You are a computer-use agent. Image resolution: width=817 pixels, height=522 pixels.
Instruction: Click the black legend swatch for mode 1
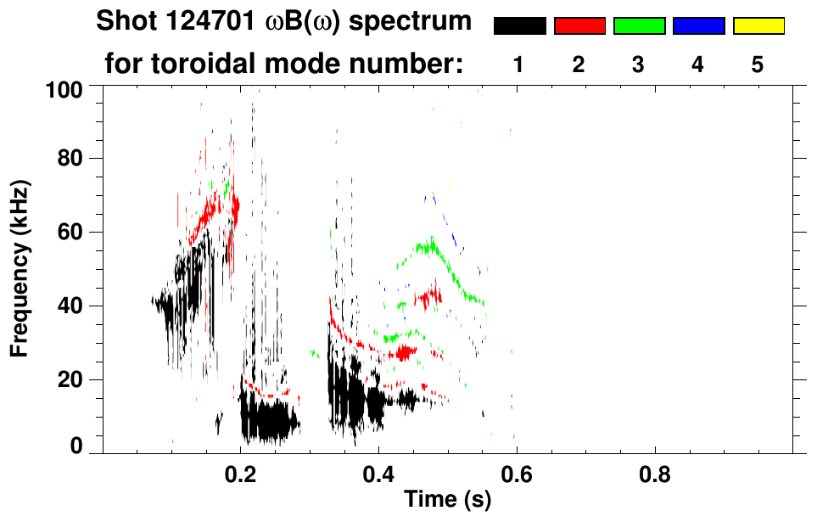[519, 26]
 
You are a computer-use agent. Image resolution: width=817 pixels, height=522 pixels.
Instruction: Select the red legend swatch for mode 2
[579, 26]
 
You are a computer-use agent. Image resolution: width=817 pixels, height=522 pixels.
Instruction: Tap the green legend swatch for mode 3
[639, 26]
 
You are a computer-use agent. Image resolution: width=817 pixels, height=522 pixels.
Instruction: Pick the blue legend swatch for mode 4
[698, 26]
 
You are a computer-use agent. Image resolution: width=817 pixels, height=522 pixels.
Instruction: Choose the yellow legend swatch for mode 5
[758, 26]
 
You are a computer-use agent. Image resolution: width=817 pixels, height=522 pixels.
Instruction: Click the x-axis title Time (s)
[446, 500]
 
